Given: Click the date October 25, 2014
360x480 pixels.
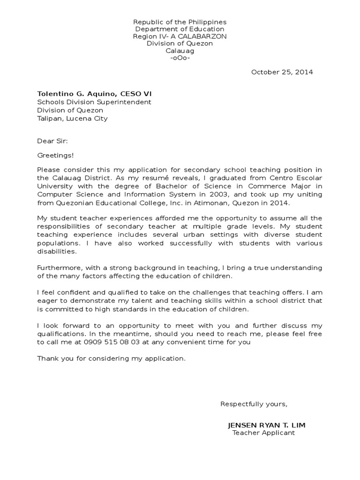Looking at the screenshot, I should pyautogui.click(x=282, y=72).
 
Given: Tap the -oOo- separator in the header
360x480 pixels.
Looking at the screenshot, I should pyautogui.click(x=180, y=58).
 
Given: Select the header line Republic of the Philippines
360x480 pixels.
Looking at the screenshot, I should pyautogui.click(x=180, y=22).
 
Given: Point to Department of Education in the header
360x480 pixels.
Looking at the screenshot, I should pyautogui.click(x=180, y=29).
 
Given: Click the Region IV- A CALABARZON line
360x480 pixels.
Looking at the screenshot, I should pyautogui.click(x=180, y=37).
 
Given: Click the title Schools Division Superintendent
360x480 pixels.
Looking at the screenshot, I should pyautogui.click(x=94, y=102).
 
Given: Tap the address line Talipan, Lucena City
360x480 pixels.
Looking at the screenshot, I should pyautogui.click(x=72, y=119).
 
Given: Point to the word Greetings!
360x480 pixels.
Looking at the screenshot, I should pyautogui.click(x=55, y=155).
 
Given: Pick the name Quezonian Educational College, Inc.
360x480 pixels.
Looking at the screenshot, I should pyautogui.click(x=110, y=202).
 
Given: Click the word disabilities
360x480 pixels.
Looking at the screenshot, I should pyautogui.click(x=56, y=251).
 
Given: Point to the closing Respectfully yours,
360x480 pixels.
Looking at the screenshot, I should pyautogui.click(x=254, y=404).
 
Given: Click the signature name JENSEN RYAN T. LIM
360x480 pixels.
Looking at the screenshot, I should pyautogui.click(x=266, y=425).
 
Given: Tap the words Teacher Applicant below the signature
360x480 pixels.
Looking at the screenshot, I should pyautogui.click(x=263, y=433).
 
